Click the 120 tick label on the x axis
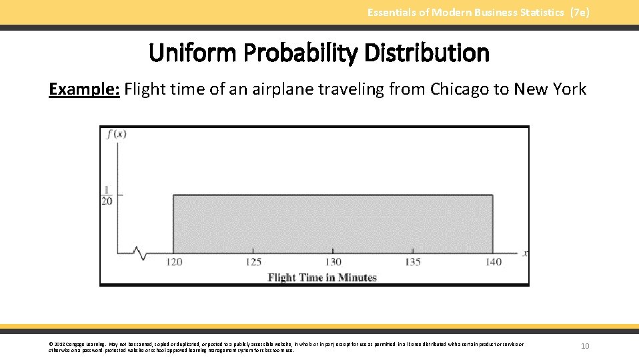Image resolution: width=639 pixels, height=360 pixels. [173, 262]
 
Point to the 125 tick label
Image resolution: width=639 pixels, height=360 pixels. [253, 262]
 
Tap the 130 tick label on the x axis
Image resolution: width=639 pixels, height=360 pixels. [333, 262]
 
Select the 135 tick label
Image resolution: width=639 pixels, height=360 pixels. [413, 262]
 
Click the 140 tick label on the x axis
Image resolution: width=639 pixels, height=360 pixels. [494, 262]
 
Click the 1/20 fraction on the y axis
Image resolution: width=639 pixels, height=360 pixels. [107, 195]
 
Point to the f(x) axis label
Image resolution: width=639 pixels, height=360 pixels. [116, 133]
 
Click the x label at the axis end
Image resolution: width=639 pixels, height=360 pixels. [526, 253]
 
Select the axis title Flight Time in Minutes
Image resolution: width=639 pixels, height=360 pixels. [322, 277]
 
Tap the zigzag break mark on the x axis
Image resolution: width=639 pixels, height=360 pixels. [139, 253]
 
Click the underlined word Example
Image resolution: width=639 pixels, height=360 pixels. [84, 89]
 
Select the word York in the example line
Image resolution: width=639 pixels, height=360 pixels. [570, 89]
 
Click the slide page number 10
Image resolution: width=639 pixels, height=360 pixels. [585, 346]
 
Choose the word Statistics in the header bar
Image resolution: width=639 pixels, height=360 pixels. [536, 12]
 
